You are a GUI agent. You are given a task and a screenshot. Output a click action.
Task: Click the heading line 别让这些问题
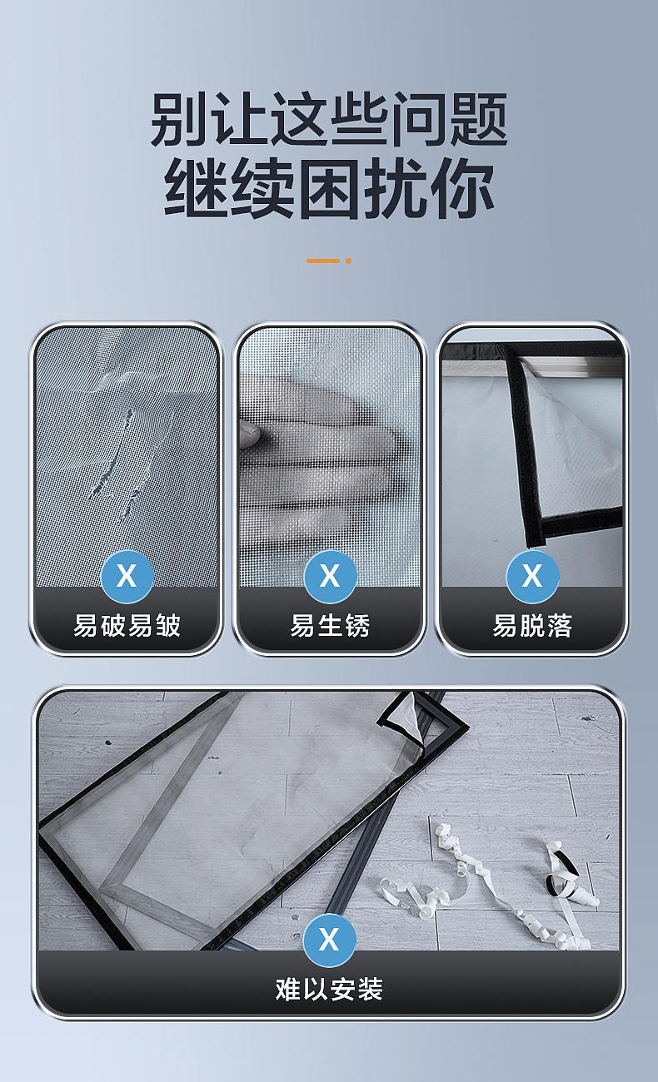329,119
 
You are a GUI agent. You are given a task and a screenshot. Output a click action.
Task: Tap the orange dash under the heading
323,261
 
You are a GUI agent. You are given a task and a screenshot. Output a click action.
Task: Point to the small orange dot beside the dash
349,261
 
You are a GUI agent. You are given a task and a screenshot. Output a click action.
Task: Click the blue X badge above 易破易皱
127,576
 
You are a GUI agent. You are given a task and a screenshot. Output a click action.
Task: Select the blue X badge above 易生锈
330,576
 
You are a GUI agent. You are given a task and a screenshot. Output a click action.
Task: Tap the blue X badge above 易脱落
532,576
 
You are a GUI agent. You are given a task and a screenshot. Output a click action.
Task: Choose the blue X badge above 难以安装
329,940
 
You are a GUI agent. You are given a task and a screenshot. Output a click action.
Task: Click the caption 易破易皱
127,626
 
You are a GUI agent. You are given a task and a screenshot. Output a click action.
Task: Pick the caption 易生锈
330,626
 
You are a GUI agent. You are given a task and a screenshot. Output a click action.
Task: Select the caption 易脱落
532,626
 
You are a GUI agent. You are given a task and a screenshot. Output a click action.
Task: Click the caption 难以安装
329,990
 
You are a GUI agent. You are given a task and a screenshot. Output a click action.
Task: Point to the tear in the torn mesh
118,466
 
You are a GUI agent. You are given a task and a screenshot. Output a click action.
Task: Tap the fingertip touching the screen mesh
250,429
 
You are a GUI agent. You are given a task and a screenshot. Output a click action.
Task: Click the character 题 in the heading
480,119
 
